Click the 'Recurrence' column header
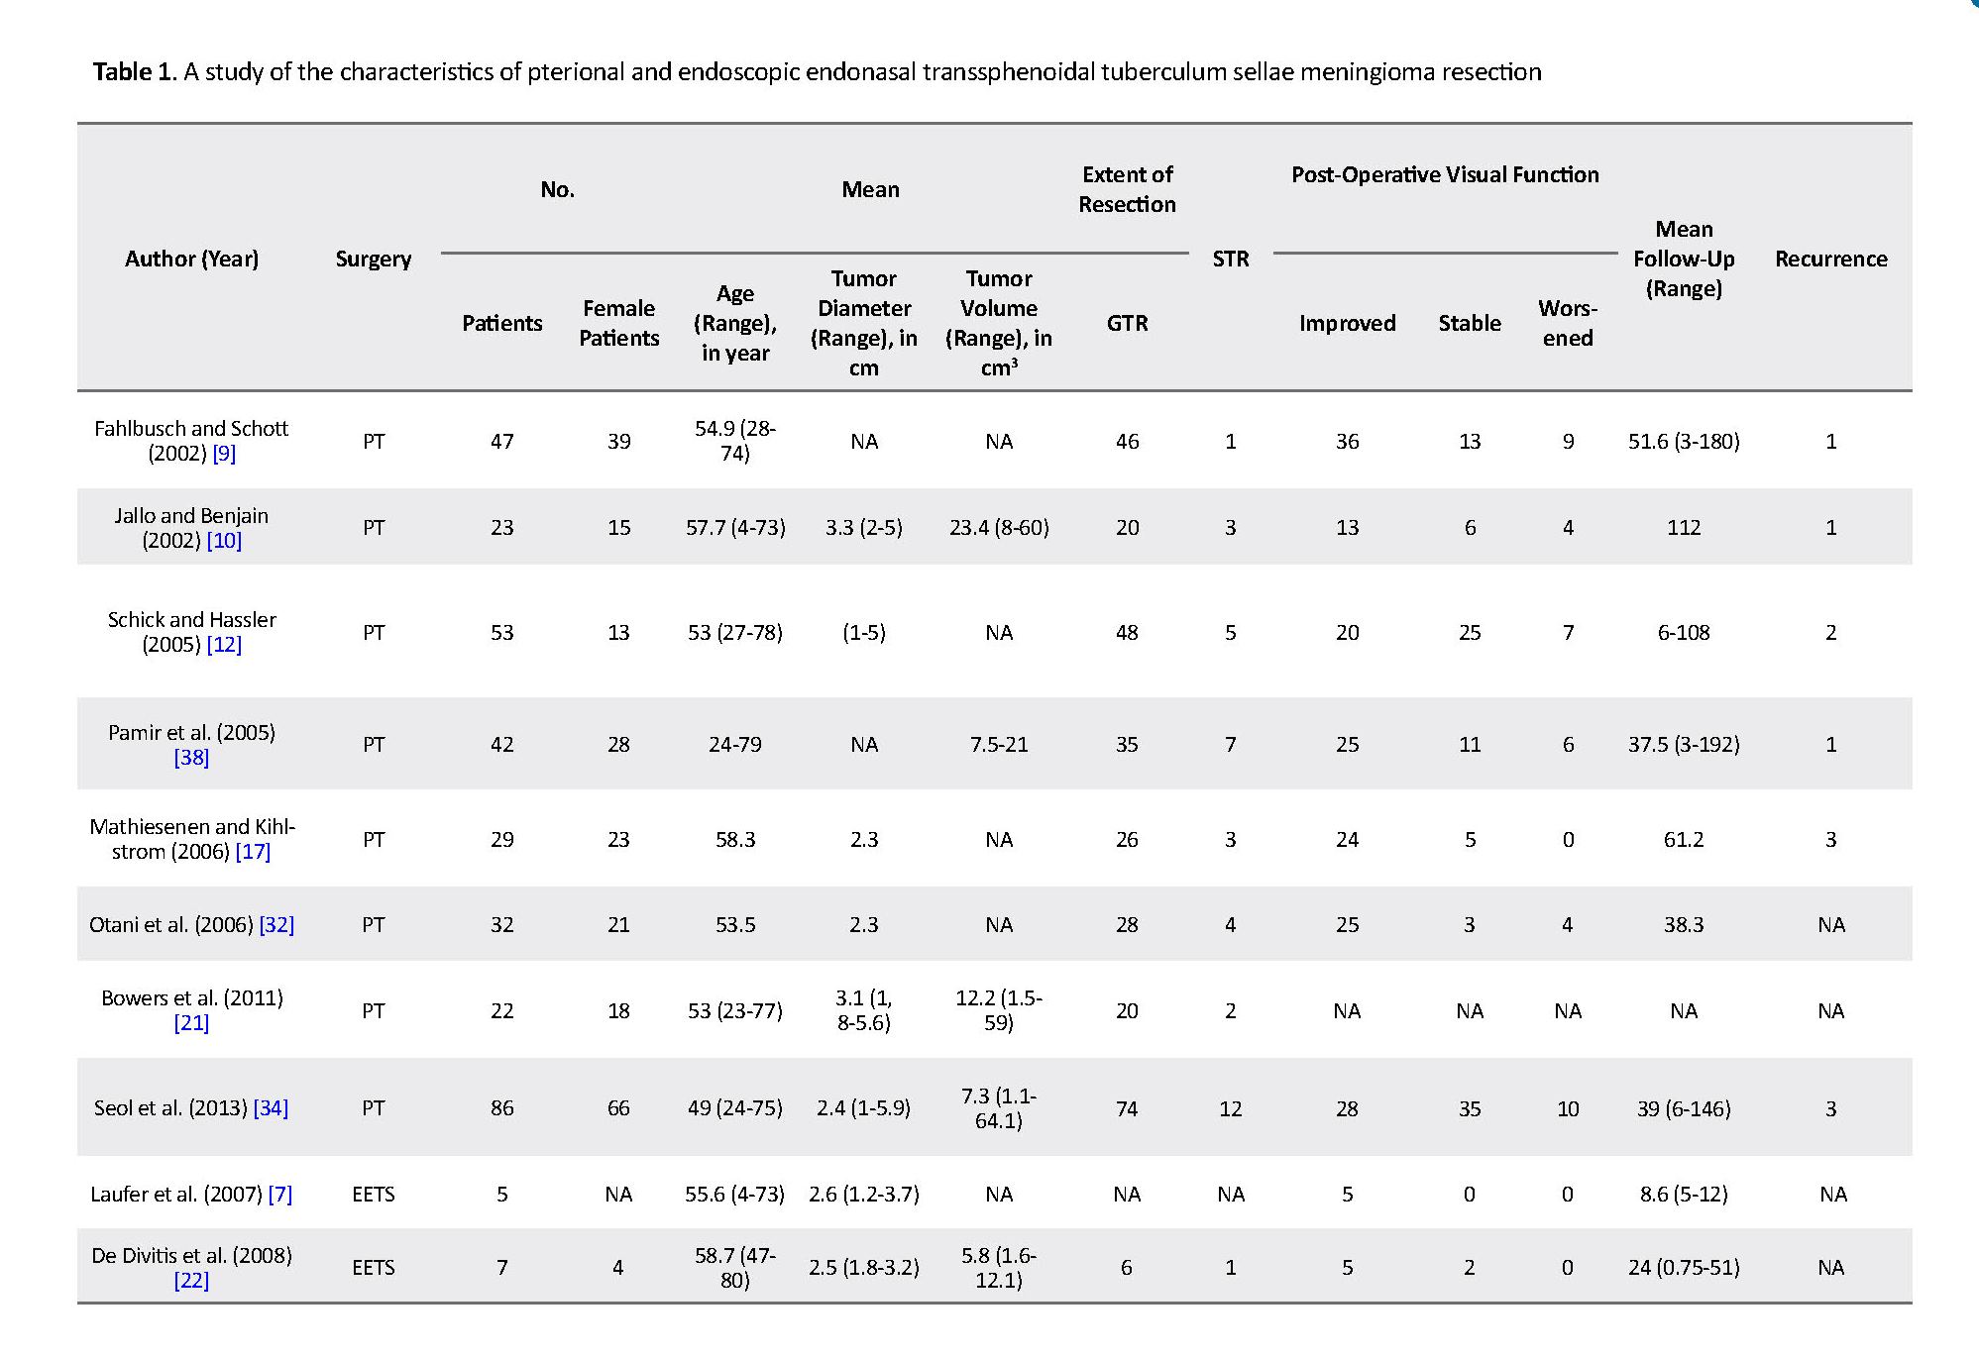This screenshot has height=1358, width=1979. (1830, 259)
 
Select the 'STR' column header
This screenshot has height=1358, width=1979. (1230, 259)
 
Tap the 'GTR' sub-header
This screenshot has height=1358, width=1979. (1127, 323)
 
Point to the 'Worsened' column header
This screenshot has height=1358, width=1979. (1567, 323)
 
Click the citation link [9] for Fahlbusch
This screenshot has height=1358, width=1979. (224, 454)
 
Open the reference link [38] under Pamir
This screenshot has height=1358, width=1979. (191, 758)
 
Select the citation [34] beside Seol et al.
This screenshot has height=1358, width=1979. (271, 1108)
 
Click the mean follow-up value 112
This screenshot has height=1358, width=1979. (1684, 528)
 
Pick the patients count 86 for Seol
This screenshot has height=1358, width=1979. (502, 1108)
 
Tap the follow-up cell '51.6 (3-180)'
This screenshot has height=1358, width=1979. (1684, 442)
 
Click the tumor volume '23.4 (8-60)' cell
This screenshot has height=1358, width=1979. (999, 528)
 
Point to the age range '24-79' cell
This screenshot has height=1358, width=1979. (735, 745)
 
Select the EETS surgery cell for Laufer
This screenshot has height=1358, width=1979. (374, 1195)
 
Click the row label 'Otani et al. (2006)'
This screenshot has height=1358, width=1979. (171, 925)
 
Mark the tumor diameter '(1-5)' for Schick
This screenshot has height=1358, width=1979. (864, 633)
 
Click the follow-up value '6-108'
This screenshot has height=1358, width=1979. (1684, 633)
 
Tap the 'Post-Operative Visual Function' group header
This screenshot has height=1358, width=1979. (1445, 175)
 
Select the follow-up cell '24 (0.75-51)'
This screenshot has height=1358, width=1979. (1684, 1268)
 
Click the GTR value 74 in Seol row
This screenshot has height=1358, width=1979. (1127, 1108)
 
